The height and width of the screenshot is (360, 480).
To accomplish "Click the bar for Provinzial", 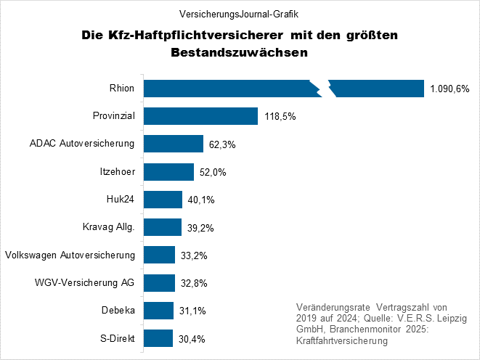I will tap(200, 116).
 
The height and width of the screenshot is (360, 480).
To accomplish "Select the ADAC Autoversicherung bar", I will tap(173, 144).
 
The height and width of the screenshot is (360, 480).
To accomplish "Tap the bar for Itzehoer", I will tap(168, 171).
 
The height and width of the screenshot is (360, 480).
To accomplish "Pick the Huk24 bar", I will tap(163, 200).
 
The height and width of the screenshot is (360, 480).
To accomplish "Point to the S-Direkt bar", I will tap(158, 338).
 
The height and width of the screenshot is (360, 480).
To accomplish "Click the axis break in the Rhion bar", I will tap(323, 88).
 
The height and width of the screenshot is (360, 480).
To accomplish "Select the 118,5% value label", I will tap(279, 117).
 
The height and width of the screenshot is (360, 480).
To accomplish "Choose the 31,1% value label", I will tap(191, 311).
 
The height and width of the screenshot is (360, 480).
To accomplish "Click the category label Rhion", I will tap(122, 89).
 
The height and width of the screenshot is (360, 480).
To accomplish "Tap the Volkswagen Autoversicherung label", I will tap(70, 255).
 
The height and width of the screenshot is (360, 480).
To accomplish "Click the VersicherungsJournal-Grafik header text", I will tap(239, 14).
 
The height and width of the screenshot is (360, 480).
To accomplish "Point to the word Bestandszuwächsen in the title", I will tap(239, 53).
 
